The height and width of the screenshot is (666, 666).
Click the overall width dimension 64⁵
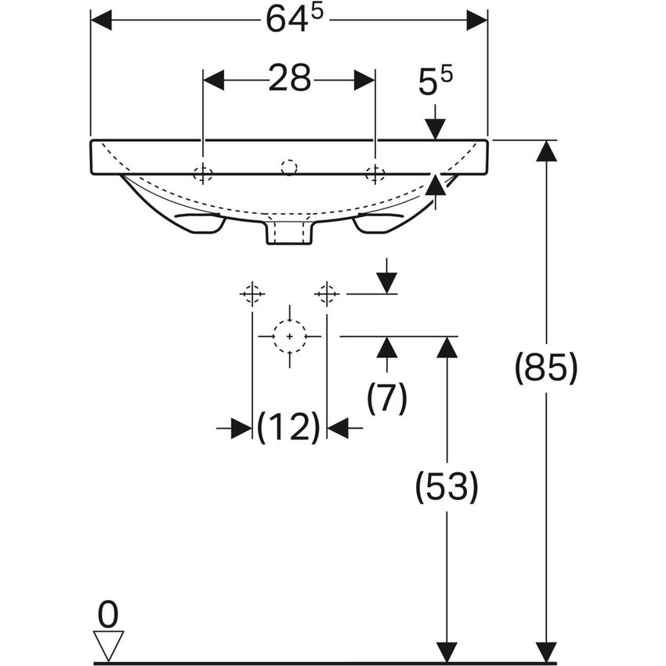pyautogui.click(x=288, y=20)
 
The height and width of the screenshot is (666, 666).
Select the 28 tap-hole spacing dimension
pyautogui.click(x=289, y=79)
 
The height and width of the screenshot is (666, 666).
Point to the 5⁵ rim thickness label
pyautogui.click(x=436, y=81)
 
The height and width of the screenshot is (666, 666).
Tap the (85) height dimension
pyautogui.click(x=546, y=367)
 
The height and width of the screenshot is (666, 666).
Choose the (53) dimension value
pyautogui.click(x=446, y=487)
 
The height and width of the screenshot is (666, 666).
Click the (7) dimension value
pyautogui.click(x=387, y=399)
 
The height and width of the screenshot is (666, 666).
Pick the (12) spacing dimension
pyautogui.click(x=289, y=428)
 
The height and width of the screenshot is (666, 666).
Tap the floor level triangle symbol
pyautogui.click(x=108, y=645)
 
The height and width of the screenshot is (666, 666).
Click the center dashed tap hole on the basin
pyautogui.click(x=289, y=167)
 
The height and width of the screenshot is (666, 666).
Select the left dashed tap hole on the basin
pyautogui.click(x=203, y=173)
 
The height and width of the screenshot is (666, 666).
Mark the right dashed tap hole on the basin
pyautogui.click(x=375, y=173)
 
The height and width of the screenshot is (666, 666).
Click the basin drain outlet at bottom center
pyautogui.click(x=290, y=232)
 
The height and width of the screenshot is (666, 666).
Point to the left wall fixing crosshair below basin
pyautogui.click(x=252, y=294)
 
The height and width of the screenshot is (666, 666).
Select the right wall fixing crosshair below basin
pyautogui.click(x=327, y=294)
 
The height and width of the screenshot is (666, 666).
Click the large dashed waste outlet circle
pyautogui.click(x=290, y=336)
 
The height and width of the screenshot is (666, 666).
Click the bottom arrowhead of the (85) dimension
pyautogui.click(x=546, y=652)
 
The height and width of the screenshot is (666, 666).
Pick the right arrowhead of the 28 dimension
pyautogui.click(x=364, y=80)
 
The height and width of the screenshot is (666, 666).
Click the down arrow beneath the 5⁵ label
pyautogui.click(x=435, y=128)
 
